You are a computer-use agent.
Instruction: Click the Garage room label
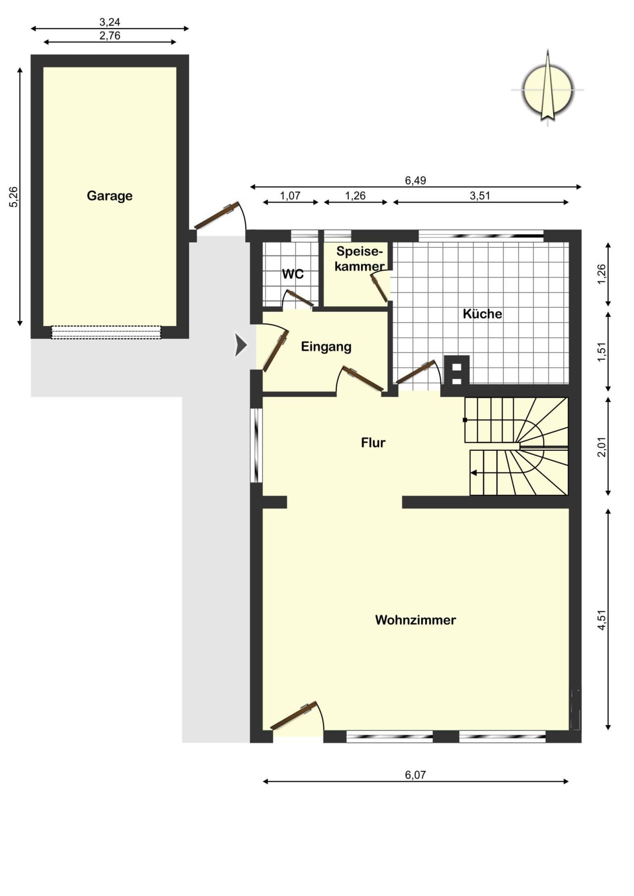coord(109,196)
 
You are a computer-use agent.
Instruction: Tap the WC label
coord(293,274)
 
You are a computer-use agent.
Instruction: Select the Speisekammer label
coord(360,259)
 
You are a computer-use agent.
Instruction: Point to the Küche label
coord(482,314)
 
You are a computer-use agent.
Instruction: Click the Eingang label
coord(326,347)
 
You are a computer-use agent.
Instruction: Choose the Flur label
coord(373,442)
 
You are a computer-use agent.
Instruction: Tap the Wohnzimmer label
coord(416,620)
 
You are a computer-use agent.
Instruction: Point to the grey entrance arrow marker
coord(240,345)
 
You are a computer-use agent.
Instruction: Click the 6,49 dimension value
coord(416,180)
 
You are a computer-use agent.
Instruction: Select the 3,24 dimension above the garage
coord(109,22)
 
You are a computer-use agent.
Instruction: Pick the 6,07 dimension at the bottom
coord(415,775)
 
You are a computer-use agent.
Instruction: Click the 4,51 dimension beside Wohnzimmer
coord(602,619)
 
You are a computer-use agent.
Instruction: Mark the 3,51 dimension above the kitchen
coord(480,195)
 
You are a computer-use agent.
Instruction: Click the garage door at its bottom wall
coord(106,332)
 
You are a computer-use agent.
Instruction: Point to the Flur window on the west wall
coord(256,445)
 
